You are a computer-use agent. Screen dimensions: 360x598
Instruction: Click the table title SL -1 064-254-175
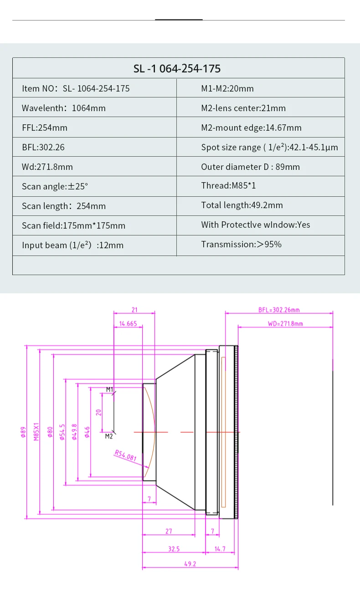click(177, 69)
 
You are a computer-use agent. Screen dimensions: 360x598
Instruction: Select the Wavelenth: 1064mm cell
click(63, 108)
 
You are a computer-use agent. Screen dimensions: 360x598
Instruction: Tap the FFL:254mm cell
click(45, 128)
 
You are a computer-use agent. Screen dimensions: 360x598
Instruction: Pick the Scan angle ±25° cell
click(55, 186)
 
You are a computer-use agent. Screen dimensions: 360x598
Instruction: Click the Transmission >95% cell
click(242, 244)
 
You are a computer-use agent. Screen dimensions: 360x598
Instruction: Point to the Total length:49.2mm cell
click(242, 205)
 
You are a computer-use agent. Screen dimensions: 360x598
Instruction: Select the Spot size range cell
click(269, 147)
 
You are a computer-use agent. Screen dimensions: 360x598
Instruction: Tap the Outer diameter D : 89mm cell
click(250, 167)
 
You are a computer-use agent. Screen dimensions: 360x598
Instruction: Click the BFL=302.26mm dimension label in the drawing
click(279, 310)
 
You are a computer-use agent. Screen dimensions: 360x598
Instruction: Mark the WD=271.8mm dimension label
click(285, 324)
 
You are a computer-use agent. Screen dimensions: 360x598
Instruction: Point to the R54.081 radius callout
click(125, 455)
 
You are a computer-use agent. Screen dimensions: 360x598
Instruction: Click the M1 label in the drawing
click(109, 389)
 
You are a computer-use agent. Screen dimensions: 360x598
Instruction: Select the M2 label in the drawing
click(109, 436)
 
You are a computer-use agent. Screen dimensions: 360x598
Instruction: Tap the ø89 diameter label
click(23, 432)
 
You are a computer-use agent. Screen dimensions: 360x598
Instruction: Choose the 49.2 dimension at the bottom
click(190, 564)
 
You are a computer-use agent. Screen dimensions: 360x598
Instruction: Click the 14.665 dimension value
click(128, 324)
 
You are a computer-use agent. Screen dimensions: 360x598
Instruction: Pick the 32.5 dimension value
click(174, 549)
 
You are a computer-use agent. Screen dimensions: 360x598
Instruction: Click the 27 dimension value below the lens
click(169, 532)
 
